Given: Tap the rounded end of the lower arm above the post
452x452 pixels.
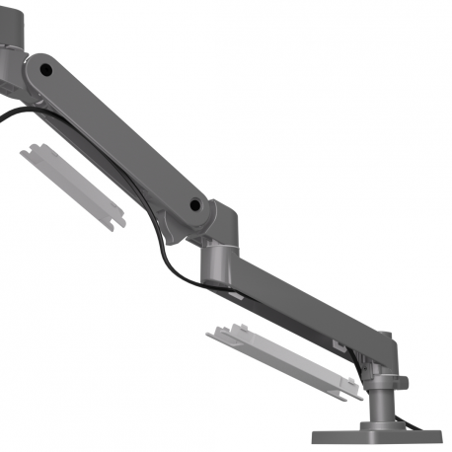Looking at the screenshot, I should point(380,344).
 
